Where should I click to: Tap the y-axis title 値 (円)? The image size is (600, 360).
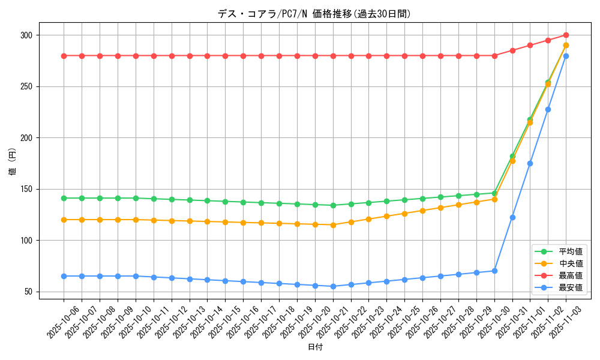click(x=13, y=163)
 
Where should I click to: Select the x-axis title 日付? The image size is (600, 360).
click(x=315, y=347)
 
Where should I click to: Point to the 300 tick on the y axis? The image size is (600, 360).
click(x=27, y=35)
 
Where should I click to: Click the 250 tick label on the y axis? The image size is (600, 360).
click(x=27, y=86)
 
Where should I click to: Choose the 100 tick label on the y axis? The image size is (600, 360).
click(x=27, y=241)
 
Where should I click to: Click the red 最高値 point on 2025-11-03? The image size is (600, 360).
click(x=566, y=35)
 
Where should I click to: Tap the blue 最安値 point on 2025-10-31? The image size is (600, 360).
click(x=512, y=217)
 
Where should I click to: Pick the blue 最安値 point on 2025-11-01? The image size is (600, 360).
click(x=530, y=163)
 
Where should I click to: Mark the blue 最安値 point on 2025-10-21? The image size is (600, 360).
click(x=333, y=286)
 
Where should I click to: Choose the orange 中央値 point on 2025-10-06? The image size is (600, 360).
click(x=64, y=220)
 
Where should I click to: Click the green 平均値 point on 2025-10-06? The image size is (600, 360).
click(x=64, y=198)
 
